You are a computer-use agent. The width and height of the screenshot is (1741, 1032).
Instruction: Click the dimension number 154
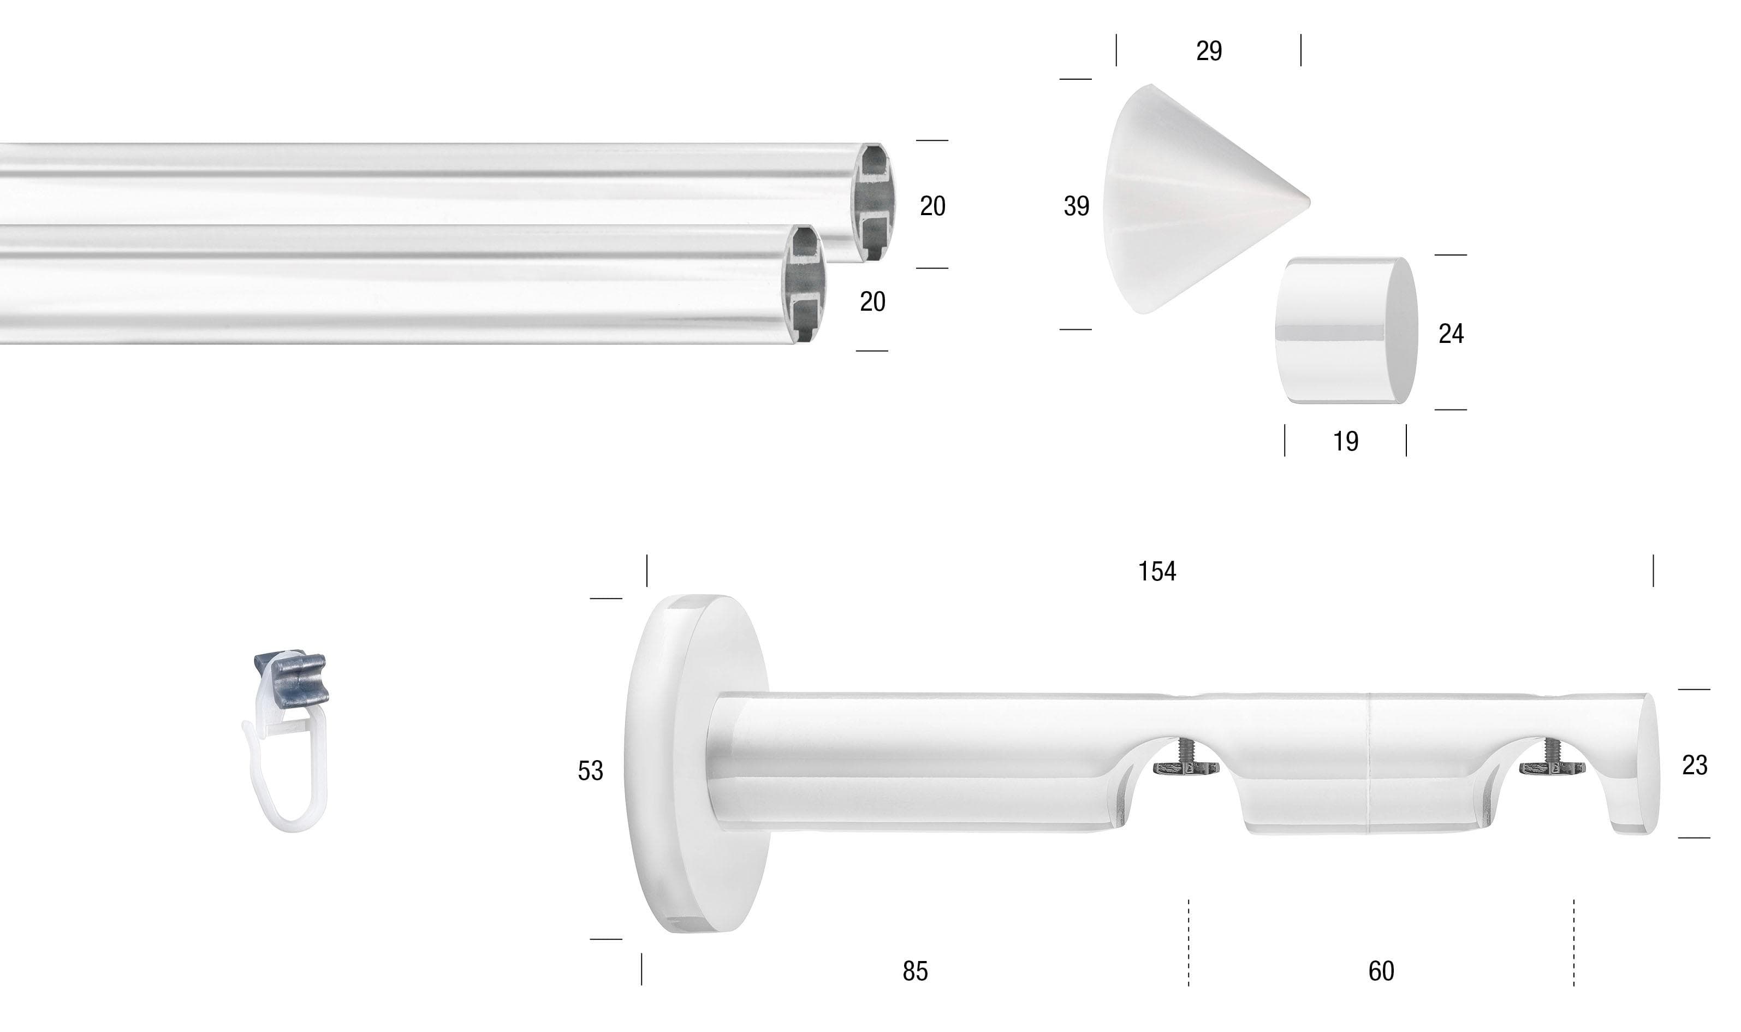tap(1157, 572)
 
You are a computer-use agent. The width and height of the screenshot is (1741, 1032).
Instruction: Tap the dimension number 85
tap(915, 971)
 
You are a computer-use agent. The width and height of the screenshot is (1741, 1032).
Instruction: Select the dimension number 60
tap(1381, 971)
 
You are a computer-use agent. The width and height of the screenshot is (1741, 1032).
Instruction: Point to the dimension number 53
tap(590, 770)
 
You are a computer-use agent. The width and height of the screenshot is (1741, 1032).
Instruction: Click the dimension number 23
tap(1695, 766)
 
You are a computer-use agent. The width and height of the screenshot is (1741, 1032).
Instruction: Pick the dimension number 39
tap(1076, 206)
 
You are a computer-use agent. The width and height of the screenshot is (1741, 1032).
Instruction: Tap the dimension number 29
tap(1209, 51)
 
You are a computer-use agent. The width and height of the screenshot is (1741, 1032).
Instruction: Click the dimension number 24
tap(1451, 334)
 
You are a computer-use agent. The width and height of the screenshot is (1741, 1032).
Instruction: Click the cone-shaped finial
tap(1196, 200)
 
